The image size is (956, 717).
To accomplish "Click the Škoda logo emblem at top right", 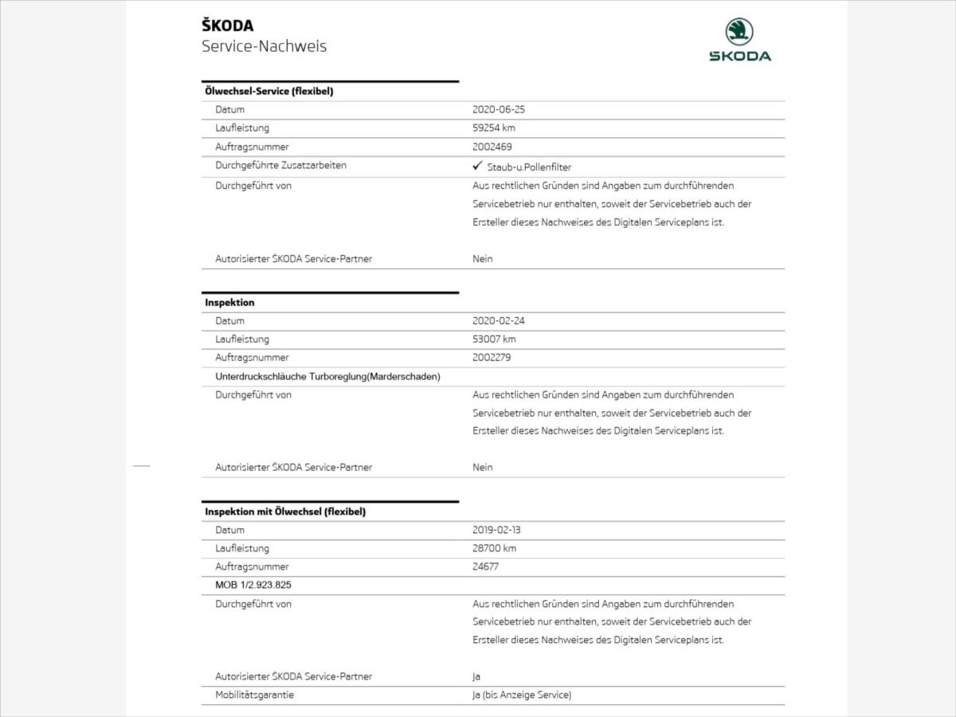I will point(740,33).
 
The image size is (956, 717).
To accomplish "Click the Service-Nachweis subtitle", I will point(264,46).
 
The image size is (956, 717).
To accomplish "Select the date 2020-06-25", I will point(499,110).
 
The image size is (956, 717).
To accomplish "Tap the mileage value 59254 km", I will point(500,128).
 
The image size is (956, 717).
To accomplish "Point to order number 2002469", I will point(492,147).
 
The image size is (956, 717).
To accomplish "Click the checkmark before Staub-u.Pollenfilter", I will point(478,167).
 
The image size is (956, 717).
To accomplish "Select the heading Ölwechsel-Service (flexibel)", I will point(268,92).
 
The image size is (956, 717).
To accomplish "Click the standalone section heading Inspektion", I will point(229,303).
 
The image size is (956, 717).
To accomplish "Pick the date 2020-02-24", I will point(499,321).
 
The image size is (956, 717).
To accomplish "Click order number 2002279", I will point(492,358).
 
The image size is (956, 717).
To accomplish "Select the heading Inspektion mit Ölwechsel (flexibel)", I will point(285,511).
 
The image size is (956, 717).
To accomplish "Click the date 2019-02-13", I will point(496,530).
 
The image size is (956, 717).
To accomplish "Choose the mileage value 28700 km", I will point(494,548).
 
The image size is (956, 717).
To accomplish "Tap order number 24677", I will point(486,566).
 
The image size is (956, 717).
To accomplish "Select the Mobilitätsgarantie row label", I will point(254,695).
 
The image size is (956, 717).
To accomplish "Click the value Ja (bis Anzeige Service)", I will point(522,695).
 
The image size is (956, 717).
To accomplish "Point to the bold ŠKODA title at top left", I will point(228,26).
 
